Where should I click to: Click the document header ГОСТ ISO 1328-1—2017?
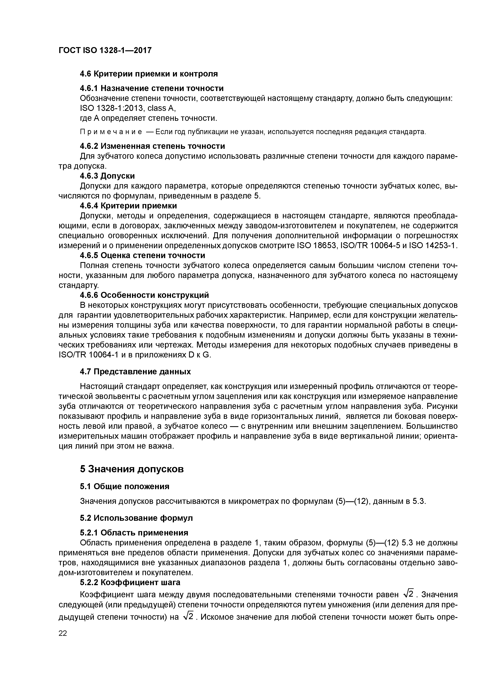coord(105,50)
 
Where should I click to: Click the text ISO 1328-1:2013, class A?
coord(128,108)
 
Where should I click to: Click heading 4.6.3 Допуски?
coord(107,176)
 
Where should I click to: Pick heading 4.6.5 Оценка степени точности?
coord(142,255)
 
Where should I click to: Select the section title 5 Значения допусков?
coord(132,469)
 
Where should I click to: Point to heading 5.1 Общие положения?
coord(124,487)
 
